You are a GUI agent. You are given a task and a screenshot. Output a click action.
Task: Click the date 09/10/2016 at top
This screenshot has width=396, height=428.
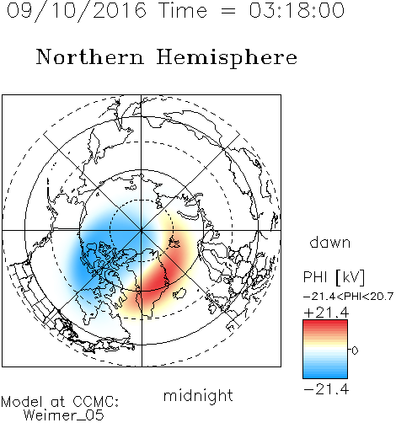pyautogui.click(x=77, y=11)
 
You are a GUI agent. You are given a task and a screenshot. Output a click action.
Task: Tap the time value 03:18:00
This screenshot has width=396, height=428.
pyautogui.click(x=297, y=10)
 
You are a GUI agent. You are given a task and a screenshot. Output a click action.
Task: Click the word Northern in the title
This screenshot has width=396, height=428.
pyautogui.click(x=90, y=56)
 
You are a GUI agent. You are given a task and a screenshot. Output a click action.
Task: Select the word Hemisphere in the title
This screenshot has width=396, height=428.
pyautogui.click(x=227, y=58)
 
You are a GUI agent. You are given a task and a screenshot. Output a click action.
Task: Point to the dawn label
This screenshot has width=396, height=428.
pyautogui.click(x=330, y=242)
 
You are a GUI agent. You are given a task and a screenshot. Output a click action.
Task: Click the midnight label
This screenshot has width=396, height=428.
pyautogui.click(x=198, y=396)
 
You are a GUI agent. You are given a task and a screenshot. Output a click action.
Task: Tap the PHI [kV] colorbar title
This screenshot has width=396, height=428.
pyautogui.click(x=334, y=277)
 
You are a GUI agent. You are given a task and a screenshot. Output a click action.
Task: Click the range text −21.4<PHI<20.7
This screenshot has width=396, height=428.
pyautogui.click(x=348, y=297)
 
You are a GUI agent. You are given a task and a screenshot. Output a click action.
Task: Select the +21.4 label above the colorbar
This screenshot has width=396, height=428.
pyautogui.click(x=326, y=313)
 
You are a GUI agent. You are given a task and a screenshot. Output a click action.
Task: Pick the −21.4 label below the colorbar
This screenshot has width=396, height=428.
pyautogui.click(x=326, y=389)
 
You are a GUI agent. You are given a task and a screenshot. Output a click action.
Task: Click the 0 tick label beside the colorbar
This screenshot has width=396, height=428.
pyautogui.click(x=355, y=350)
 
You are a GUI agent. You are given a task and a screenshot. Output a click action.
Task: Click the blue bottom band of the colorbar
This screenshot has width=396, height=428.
pyautogui.click(x=325, y=373)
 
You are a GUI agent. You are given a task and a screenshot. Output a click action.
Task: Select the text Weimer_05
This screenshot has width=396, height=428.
pyautogui.click(x=63, y=415)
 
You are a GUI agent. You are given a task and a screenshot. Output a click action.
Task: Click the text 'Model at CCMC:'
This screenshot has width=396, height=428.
pyautogui.click(x=60, y=402)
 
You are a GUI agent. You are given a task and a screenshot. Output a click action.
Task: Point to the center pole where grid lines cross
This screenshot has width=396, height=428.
pyautogui.click(x=142, y=231)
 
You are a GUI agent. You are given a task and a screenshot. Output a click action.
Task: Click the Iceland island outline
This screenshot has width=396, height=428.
pyautogui.click(x=179, y=293)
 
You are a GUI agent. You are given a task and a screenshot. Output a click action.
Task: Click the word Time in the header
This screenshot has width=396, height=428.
pyautogui.click(x=183, y=10)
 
